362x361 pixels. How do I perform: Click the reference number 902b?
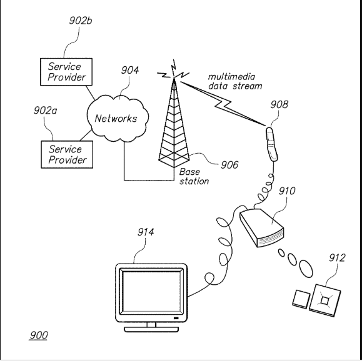click(81, 21)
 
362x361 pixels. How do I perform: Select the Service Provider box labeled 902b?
click(66, 72)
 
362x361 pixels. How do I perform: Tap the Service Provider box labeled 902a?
click(67, 154)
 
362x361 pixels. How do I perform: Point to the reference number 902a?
click(45, 111)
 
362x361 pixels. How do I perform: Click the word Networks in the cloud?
click(116, 118)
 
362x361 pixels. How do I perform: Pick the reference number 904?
click(130, 70)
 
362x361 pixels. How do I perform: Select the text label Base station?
click(194, 177)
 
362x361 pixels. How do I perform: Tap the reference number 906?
click(229, 165)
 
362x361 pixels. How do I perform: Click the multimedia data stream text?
click(235, 81)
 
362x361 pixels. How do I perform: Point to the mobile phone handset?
click(272, 144)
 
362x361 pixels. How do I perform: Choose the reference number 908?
click(279, 104)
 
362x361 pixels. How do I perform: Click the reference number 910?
click(287, 190)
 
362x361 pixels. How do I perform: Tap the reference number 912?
click(337, 258)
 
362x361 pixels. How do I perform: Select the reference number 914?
click(146, 232)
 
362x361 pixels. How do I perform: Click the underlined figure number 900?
click(39, 335)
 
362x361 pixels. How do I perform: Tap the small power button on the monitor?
click(176, 318)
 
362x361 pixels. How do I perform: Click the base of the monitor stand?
click(151, 329)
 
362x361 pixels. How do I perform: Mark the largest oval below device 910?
click(306, 269)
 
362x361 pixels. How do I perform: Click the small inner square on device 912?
click(324, 300)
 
